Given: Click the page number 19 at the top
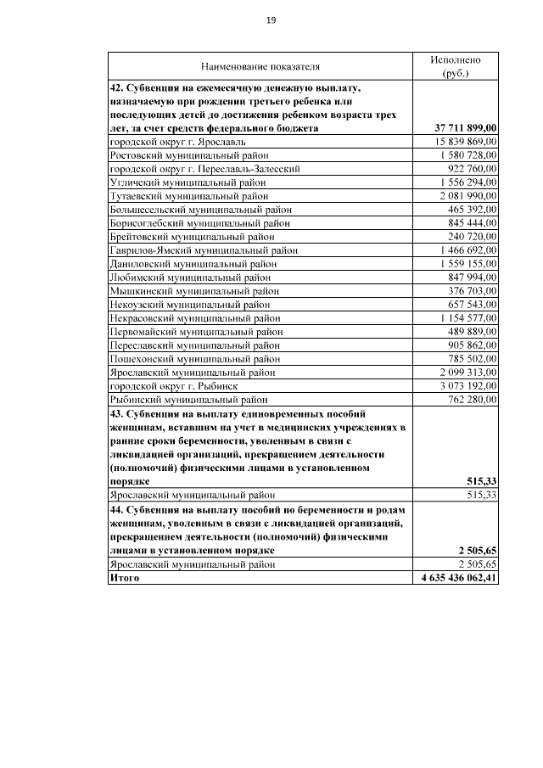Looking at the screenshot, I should tap(271, 20).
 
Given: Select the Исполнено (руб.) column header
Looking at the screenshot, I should tap(456, 66).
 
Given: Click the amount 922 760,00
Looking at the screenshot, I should tap(472, 169).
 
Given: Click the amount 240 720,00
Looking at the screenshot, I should tap(472, 237).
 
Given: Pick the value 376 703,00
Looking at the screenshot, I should tap(472, 290).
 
